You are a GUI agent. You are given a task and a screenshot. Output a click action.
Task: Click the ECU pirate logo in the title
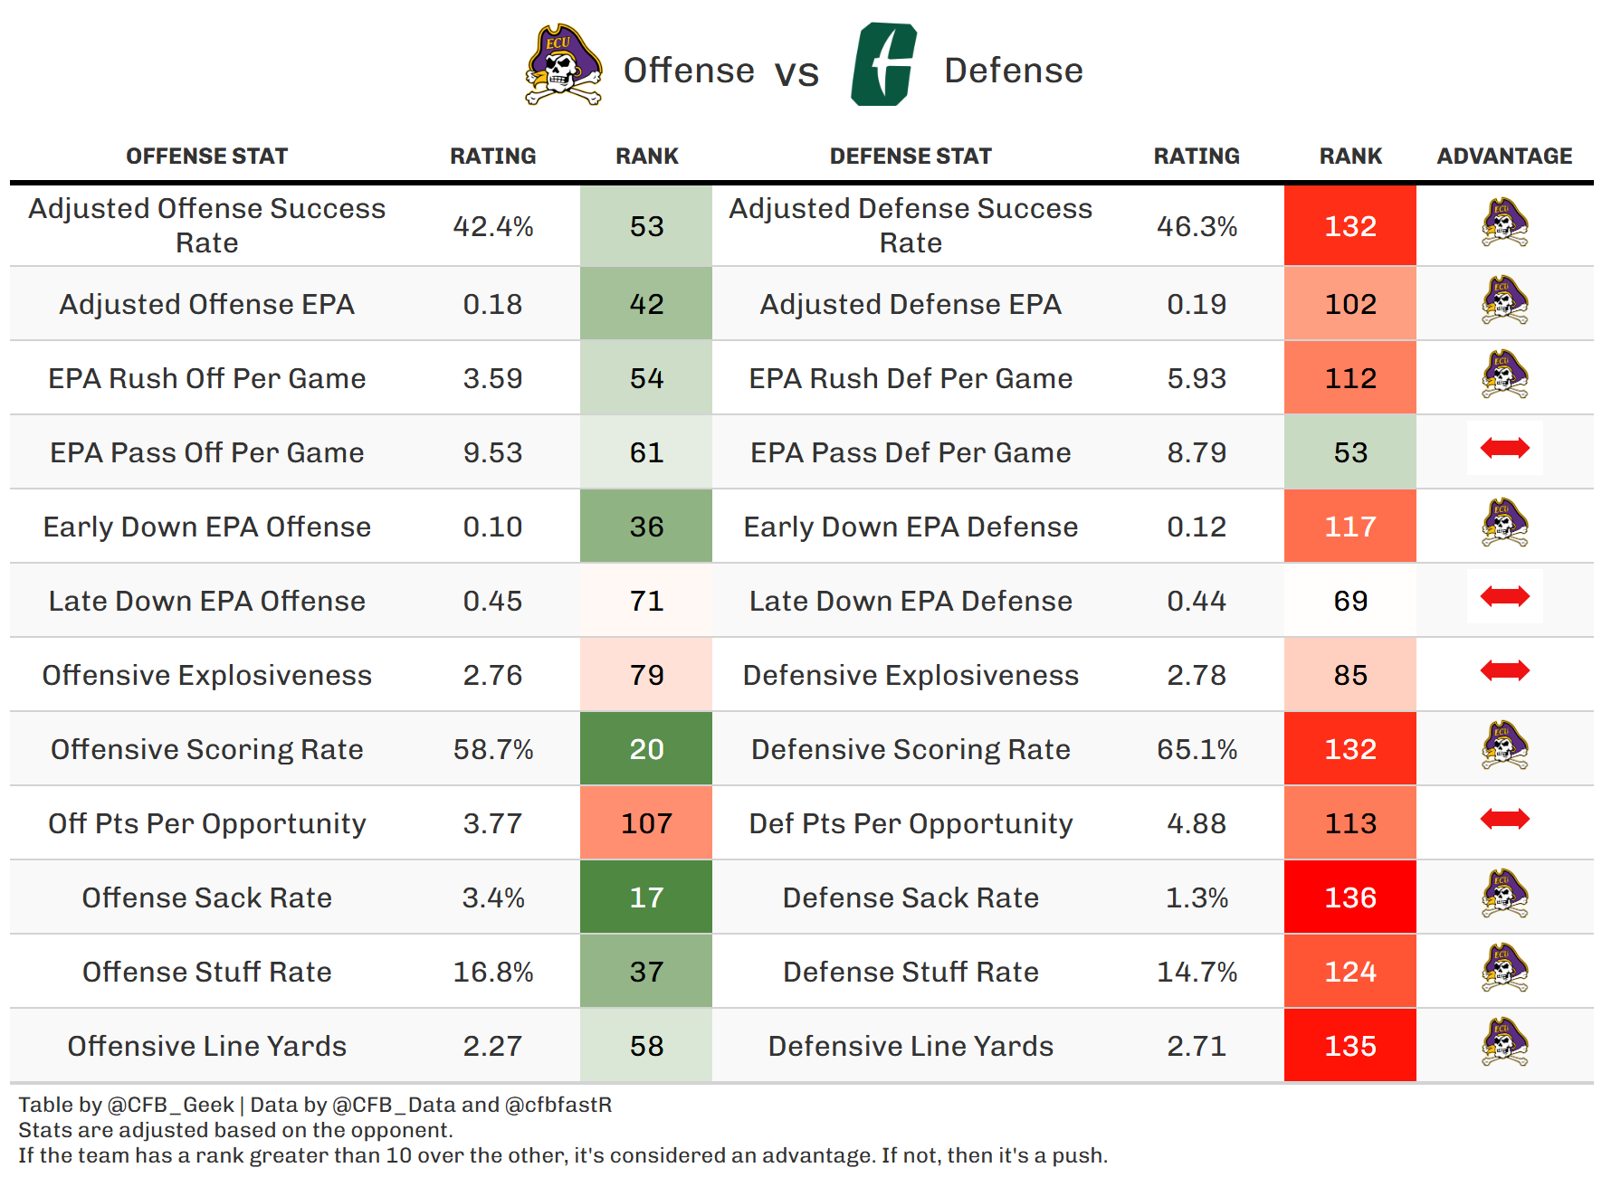563,66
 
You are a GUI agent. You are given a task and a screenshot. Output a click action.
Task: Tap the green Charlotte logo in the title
883,65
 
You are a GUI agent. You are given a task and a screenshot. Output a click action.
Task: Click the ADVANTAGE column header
1504,157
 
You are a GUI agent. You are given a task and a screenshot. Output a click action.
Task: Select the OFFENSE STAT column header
206,157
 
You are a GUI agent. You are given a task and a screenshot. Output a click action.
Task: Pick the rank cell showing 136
1349,897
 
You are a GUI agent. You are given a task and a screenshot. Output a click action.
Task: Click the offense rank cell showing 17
646,897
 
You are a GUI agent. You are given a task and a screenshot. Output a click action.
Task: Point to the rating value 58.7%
493,749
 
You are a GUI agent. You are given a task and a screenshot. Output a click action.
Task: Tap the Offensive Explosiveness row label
206,675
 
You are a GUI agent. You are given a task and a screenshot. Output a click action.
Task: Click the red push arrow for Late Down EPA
1504,596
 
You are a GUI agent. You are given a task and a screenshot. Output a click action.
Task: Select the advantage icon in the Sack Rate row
1504,894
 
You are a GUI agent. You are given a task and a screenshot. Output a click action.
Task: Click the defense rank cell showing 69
1349,601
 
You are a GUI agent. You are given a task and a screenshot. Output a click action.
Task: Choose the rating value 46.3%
1197,226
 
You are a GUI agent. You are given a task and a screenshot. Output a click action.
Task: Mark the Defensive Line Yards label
911,1046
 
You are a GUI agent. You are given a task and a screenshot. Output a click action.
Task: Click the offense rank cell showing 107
646,823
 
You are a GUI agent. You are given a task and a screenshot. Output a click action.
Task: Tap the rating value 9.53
493,452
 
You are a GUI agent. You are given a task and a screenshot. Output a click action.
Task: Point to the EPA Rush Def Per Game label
911,378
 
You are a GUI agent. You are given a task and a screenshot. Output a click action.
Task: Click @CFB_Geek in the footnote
170,1105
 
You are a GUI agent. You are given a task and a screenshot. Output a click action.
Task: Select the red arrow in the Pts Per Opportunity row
1504,819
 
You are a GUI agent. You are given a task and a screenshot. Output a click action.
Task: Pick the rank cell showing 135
1349,1046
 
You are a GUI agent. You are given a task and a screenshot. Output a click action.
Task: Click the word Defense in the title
1013,71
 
